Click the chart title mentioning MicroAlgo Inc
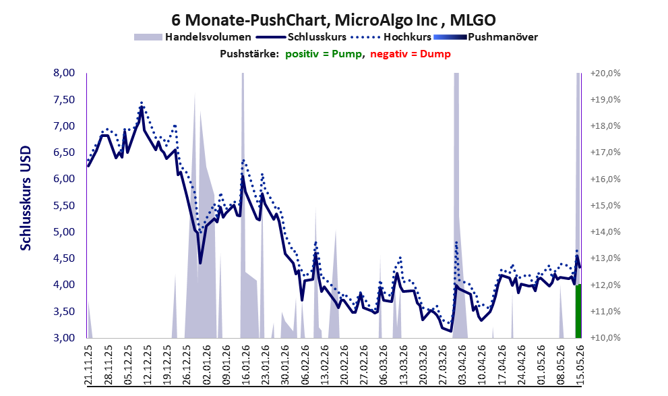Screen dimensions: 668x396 point(334,20)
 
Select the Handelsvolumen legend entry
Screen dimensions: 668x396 point(193,37)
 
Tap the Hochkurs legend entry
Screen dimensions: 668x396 point(391,37)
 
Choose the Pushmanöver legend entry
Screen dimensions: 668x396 point(485,37)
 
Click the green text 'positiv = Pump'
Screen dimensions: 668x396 point(324,54)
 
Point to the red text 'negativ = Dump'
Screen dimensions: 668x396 point(411,54)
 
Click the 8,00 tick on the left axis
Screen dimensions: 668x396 point(64,73)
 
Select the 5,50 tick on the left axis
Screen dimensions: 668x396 point(64,206)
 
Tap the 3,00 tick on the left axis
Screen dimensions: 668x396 point(64,337)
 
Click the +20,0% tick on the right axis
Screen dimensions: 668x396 point(605,74)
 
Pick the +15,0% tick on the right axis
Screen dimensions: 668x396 point(605,206)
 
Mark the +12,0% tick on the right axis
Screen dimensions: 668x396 point(605,285)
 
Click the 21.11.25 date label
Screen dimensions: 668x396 point(88,366)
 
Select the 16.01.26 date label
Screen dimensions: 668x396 point(245,366)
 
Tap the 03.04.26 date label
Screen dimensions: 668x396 point(462,366)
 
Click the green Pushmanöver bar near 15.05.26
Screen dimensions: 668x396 point(578,311)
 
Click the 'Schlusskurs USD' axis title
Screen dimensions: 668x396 point(26,198)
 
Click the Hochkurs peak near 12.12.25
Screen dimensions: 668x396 point(142,103)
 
